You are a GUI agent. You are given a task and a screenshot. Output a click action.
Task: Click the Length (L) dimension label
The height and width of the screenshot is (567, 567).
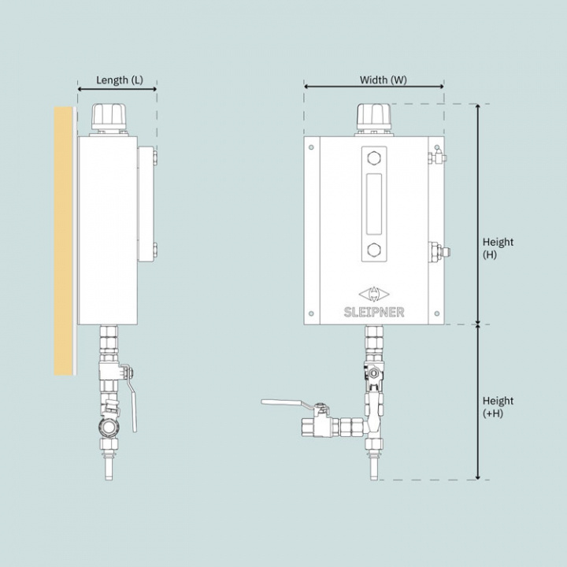[120, 80]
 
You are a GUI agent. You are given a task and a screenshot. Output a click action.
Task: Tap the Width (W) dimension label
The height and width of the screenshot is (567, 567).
[383, 80]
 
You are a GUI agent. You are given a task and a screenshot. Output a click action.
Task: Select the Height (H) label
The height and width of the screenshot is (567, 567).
[498, 248]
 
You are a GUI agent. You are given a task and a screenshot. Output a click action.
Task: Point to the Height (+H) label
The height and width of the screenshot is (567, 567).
[498, 407]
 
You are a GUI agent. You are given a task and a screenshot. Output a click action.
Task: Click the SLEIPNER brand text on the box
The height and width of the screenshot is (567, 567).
[374, 312]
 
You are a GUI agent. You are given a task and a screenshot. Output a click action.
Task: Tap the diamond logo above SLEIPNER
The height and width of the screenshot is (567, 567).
[374, 294]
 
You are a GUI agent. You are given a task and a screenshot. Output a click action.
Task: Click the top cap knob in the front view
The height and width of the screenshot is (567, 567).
[374, 117]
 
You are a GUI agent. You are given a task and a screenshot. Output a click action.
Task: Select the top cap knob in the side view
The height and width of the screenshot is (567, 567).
[109, 117]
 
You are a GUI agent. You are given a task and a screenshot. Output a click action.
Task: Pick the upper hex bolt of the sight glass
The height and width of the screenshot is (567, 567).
[374, 158]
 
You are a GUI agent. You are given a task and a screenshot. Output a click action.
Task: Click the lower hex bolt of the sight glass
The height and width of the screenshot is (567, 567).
[374, 250]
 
